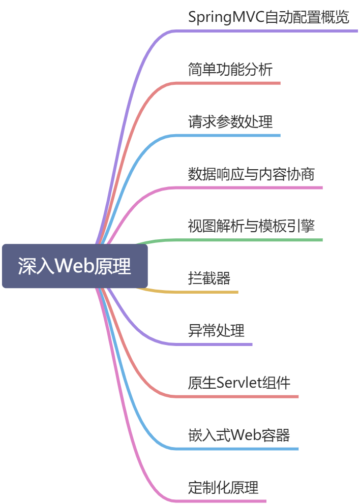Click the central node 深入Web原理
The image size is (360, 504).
(x=75, y=266)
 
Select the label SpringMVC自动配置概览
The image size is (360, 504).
(x=268, y=17)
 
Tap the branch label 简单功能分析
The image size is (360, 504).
(x=230, y=70)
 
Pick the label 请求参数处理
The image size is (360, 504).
(x=230, y=122)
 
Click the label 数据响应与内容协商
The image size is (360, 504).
(x=251, y=174)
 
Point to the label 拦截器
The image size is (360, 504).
(x=209, y=278)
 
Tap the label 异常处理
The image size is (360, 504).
(x=216, y=331)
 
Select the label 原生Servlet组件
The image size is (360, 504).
(x=239, y=383)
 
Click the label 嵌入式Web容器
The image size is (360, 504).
(x=239, y=435)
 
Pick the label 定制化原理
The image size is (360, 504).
(x=223, y=488)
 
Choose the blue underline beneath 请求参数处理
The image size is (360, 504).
(x=229, y=136)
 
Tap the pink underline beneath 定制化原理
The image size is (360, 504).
(x=224, y=501)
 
